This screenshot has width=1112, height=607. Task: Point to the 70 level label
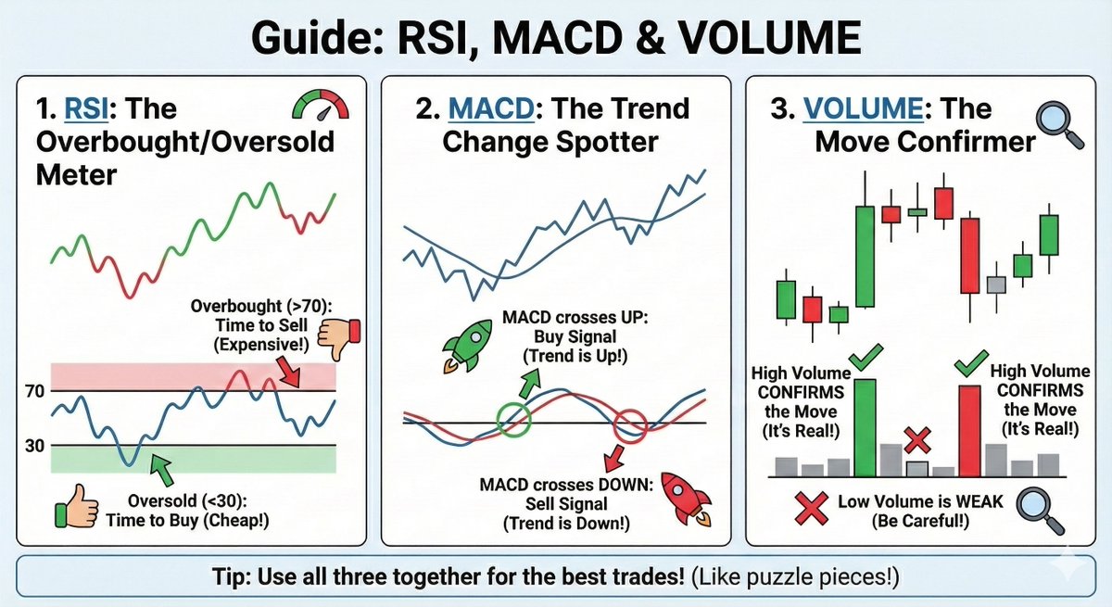(35, 391)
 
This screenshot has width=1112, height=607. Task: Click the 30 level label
(35, 446)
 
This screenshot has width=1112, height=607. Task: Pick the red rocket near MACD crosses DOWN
(684, 501)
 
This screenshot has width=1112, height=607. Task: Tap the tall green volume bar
(865, 426)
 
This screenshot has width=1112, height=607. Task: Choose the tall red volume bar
(969, 430)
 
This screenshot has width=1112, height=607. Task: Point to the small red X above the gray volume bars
(917, 438)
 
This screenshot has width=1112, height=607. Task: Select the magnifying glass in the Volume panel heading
(1059, 123)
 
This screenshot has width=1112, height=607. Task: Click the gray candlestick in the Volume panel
(995, 285)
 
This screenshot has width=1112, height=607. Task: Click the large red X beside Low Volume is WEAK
(809, 505)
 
